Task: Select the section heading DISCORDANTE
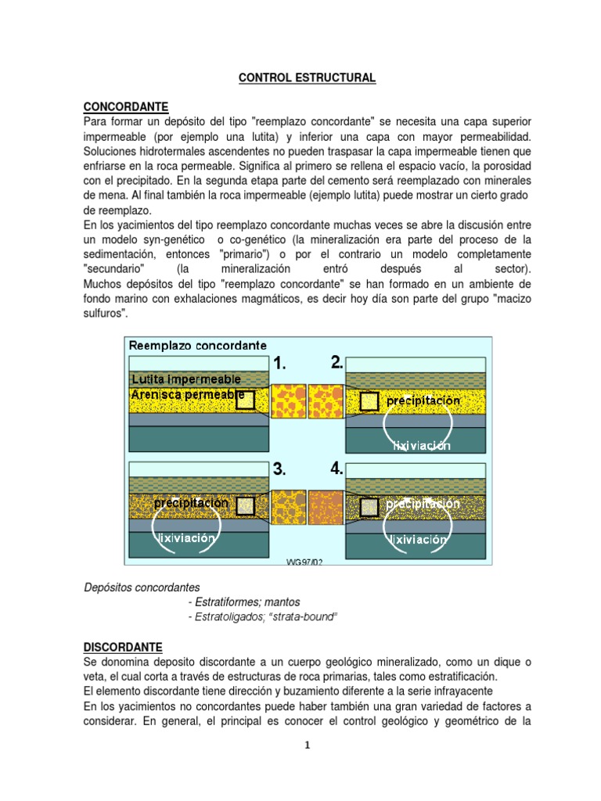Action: [123, 648]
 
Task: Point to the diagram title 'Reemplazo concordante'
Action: [197, 345]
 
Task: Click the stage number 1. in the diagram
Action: [280, 363]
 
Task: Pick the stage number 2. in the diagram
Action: [337, 362]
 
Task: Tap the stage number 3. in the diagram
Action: [280, 469]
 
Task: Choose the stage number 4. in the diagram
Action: [337, 469]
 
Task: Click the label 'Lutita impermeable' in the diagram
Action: [185, 379]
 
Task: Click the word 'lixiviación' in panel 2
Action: [422, 446]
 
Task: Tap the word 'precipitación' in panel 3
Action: [191, 503]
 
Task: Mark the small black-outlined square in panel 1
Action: [246, 401]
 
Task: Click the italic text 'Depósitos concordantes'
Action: [142, 587]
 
